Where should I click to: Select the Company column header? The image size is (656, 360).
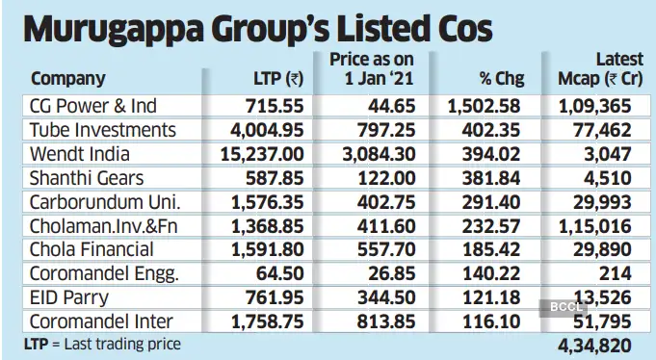[68, 79]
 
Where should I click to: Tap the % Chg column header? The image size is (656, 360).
[500, 79]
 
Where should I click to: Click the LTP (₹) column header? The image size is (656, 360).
[276, 79]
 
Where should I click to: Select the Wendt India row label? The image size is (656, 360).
[80, 154]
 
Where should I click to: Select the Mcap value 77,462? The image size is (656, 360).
[605, 129]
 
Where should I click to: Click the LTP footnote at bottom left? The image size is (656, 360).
[102, 343]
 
